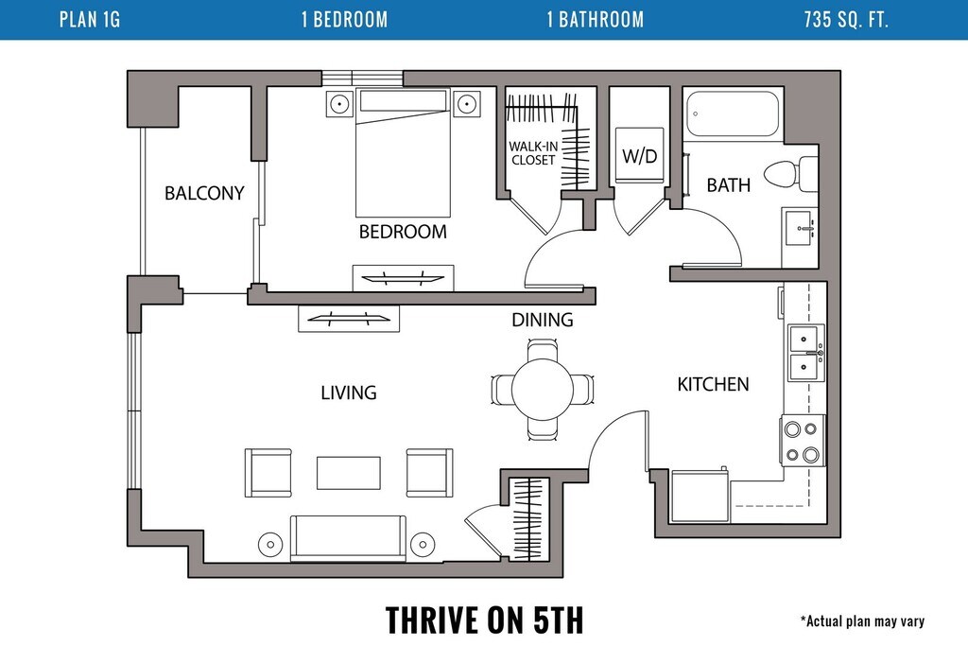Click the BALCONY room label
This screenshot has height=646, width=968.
204,193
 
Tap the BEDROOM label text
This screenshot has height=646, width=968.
403,232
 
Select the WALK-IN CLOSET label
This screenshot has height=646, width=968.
533,153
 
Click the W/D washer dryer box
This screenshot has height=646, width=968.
640,155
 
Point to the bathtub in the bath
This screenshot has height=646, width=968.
733,113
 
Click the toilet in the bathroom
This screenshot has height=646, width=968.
791,173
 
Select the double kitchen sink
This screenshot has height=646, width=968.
805,353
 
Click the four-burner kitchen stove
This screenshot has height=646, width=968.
803,441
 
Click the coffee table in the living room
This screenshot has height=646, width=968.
349,473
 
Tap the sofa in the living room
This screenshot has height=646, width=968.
348,538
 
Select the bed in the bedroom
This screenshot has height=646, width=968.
403,152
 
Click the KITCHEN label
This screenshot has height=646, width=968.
713,384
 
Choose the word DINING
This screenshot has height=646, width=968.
543,320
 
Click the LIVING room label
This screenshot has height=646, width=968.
349,393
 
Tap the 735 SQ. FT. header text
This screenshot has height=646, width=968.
846,20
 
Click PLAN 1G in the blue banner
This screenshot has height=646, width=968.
90,20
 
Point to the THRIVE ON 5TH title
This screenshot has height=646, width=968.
485,620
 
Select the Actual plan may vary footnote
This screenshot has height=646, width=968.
862,620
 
